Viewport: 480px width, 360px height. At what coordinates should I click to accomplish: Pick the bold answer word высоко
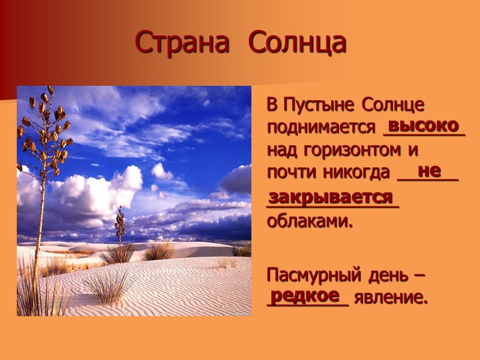coord(424,126)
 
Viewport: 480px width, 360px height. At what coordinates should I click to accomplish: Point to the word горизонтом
coord(344,150)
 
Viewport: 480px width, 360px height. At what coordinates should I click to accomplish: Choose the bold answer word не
coord(429,170)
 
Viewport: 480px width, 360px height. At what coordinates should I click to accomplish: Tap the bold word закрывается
coord(331,197)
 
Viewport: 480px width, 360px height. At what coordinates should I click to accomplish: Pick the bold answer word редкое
coord(304,295)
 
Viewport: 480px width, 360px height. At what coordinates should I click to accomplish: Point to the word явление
coord(391,298)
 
